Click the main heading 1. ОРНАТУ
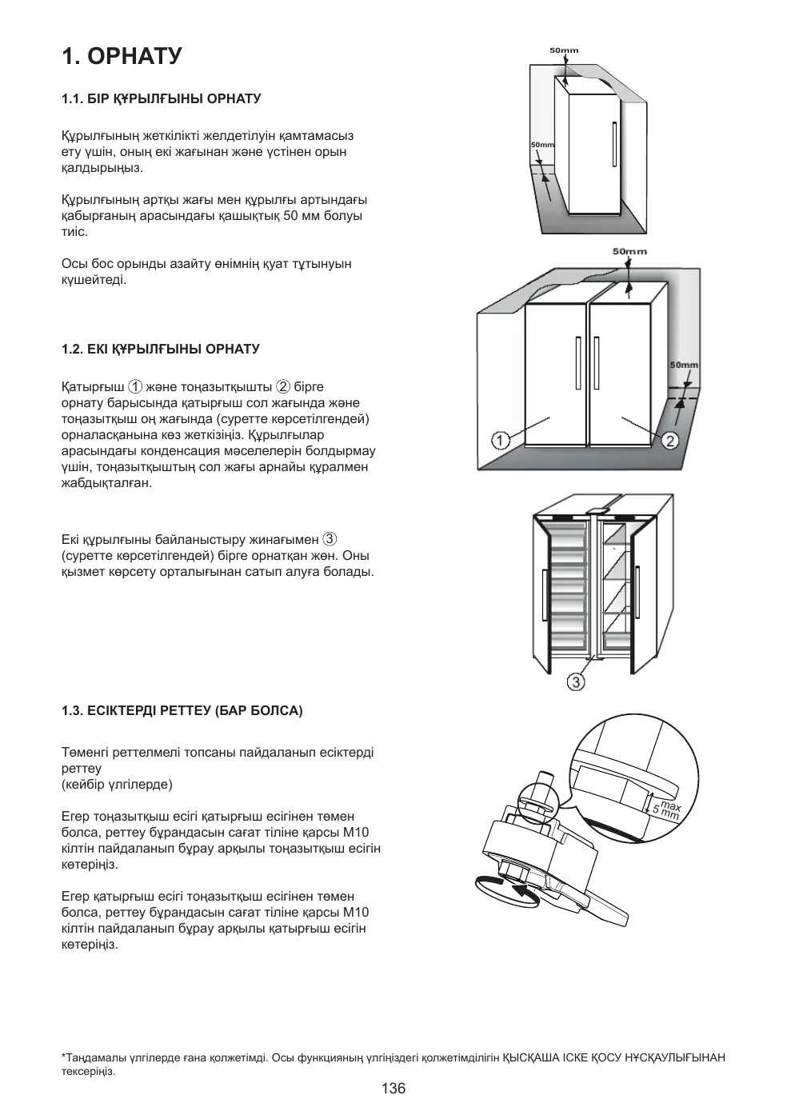coord(122,56)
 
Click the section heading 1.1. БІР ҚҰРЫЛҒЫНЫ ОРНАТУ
coord(162,98)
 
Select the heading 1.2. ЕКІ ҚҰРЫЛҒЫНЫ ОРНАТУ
coord(161,349)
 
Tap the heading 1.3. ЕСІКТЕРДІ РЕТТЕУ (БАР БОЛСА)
coord(182,710)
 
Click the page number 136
coord(393,1088)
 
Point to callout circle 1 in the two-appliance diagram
coord(500,440)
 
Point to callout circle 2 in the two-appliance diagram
coord(670,440)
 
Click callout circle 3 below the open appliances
coord(576,681)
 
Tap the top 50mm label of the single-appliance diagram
coord(564,50)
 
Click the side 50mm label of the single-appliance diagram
coord(542,145)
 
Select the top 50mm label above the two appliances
coord(629,251)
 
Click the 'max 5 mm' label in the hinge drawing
coord(666,810)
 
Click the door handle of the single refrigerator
coord(613,146)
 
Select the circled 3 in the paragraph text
coord(329,539)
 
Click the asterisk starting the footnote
coord(63,1056)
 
